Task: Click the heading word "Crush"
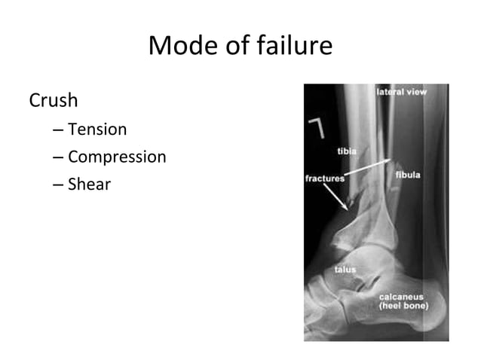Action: click(x=54, y=99)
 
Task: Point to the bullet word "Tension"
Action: click(x=97, y=130)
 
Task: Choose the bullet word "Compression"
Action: click(x=117, y=157)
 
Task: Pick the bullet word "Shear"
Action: click(x=89, y=184)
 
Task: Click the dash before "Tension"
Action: click(x=59, y=130)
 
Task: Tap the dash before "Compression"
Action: click(x=59, y=158)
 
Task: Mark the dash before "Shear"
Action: click(x=59, y=185)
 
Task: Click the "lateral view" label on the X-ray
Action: click(x=401, y=92)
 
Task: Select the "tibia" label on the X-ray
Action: click(x=347, y=151)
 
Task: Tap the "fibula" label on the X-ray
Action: click(x=408, y=175)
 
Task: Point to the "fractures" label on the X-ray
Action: click(x=325, y=178)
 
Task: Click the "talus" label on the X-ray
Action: click(x=345, y=269)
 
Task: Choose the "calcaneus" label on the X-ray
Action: click(x=401, y=297)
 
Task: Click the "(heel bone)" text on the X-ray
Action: click(x=403, y=306)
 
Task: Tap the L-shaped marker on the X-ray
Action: click(x=317, y=128)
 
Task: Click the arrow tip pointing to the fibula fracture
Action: click(x=391, y=160)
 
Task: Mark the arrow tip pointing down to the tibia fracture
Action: click(x=348, y=207)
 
